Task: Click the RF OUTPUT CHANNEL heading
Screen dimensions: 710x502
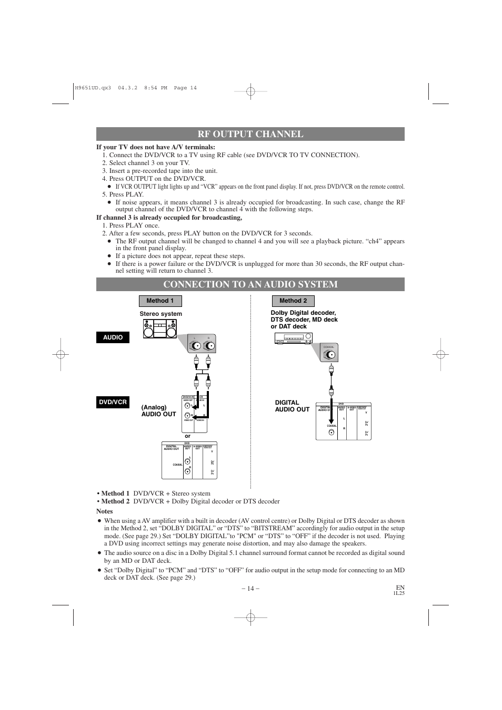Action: pyautogui.click(x=250, y=134)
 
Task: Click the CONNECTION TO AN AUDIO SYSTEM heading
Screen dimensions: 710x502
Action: pyautogui.click(x=250, y=284)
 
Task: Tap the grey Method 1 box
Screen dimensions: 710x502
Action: pyautogui.click(x=160, y=301)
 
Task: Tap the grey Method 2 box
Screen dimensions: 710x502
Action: pyautogui.click(x=293, y=301)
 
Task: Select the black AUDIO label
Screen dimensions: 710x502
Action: pyautogui.click(x=113, y=337)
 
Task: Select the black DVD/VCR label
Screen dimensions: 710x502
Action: pyautogui.click(x=113, y=402)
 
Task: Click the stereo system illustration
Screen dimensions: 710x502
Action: pyautogui.click(x=160, y=329)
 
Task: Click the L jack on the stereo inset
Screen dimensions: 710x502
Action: pyautogui.click(x=196, y=346)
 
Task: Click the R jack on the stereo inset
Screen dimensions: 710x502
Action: pyautogui.click(x=209, y=346)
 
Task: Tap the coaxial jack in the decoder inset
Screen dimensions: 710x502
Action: pyautogui.click(x=330, y=355)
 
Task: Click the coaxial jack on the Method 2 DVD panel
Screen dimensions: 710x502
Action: pyautogui.click(x=331, y=433)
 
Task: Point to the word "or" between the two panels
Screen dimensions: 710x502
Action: pyautogui.click(x=187, y=436)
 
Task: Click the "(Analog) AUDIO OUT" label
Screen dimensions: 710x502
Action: pyautogui.click(x=158, y=410)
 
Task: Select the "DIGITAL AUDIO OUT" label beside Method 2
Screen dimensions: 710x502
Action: pyautogui.click(x=292, y=406)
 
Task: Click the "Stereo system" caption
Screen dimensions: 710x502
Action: pyautogui.click(x=160, y=314)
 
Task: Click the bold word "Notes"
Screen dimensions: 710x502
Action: pyautogui.click(x=104, y=511)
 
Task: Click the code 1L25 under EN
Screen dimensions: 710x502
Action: pyautogui.click(x=399, y=593)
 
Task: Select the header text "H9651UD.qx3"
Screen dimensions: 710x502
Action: pyautogui.click(x=93, y=88)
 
